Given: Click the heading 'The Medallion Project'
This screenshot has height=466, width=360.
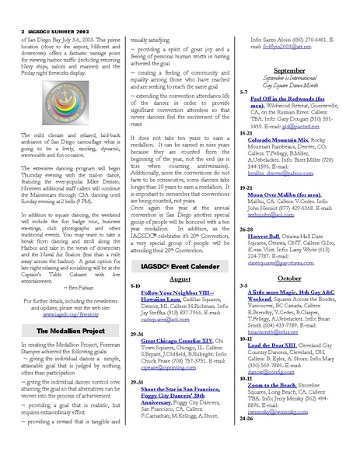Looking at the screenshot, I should click(55, 330).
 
